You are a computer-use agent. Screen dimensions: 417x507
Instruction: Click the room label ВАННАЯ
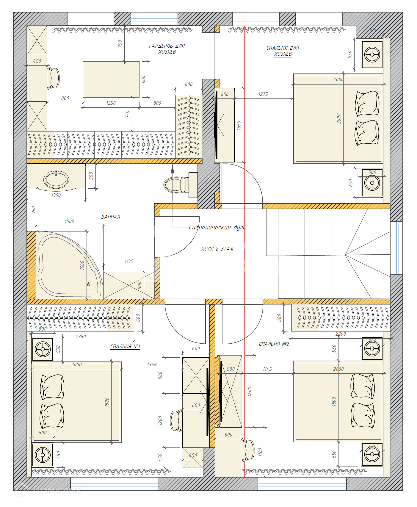111,217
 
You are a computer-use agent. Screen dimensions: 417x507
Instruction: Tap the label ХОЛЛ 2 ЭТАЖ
217,249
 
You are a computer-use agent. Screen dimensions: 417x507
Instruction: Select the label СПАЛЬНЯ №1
125,346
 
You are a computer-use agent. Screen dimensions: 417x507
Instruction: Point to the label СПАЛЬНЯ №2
274,344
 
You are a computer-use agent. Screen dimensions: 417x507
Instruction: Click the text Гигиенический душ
217,228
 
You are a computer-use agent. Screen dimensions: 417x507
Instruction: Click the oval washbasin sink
56,179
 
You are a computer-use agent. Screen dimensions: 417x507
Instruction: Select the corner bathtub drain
88,284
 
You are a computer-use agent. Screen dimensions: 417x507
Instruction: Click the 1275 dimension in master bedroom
263,94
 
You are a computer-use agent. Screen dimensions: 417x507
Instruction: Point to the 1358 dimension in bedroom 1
151,364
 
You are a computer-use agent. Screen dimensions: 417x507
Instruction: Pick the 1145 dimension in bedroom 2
267,369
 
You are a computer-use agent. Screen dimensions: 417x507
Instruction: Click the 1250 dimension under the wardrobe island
111,103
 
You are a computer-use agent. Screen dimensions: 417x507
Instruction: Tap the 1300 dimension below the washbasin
56,195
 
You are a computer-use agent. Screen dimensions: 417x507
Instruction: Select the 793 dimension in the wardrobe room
120,43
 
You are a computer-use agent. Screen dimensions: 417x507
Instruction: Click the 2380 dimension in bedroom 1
80,337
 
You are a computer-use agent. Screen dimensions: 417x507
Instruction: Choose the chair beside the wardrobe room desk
54,78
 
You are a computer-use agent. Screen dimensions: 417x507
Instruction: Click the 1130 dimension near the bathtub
128,261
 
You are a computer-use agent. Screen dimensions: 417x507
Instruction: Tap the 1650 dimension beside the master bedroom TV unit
239,125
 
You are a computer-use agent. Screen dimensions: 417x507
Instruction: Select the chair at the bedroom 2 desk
248,450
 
